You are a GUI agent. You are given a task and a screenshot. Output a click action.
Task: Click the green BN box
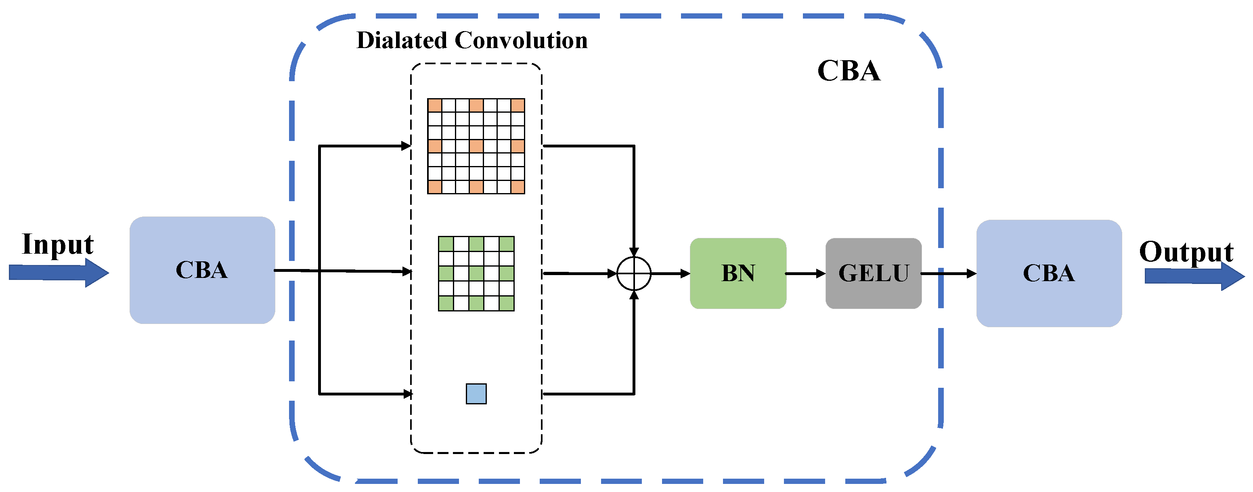pyautogui.click(x=738, y=273)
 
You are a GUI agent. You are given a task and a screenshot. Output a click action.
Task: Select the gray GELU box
pyautogui.click(x=873, y=273)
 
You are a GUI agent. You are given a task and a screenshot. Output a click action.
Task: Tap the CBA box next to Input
pyautogui.click(x=202, y=270)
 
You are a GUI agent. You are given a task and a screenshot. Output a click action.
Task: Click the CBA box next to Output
pyautogui.click(x=1049, y=273)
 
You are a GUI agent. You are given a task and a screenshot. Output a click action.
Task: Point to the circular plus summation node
pyautogui.click(x=633, y=273)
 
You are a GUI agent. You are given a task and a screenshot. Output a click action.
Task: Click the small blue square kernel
pyautogui.click(x=476, y=394)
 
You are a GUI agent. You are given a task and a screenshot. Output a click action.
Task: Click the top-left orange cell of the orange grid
pyautogui.click(x=434, y=105)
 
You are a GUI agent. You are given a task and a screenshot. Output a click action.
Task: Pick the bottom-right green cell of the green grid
pyautogui.click(x=506, y=303)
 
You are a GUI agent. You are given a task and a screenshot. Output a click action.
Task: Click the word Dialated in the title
pyautogui.click(x=402, y=40)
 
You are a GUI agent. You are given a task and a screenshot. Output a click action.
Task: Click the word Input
pyautogui.click(x=57, y=245)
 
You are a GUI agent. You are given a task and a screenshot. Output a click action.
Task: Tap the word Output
pyautogui.click(x=1186, y=252)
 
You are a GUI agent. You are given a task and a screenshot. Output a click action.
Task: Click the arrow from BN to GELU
pyautogui.click(x=805, y=273)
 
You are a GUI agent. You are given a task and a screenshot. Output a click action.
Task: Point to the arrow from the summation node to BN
pyautogui.click(x=670, y=273)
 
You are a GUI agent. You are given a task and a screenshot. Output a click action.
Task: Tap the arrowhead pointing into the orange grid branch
pyautogui.click(x=406, y=145)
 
